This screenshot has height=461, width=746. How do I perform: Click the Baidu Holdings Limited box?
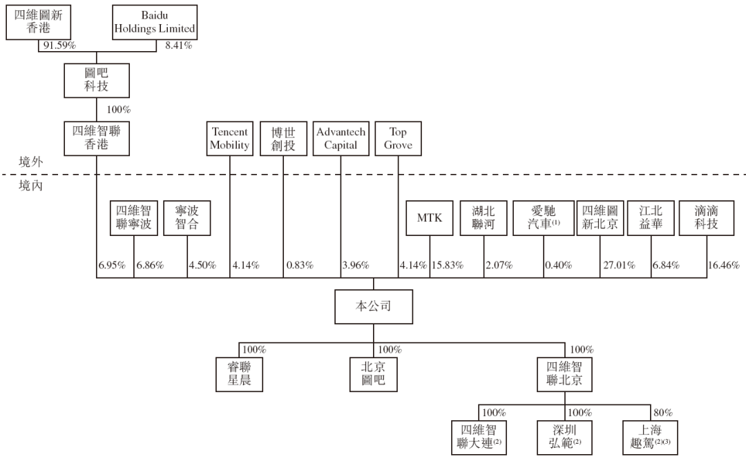click(x=155, y=22)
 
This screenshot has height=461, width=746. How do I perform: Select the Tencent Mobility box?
click(x=230, y=138)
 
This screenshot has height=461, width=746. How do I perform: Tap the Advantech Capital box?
click(x=341, y=138)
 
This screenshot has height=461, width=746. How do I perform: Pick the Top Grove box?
click(x=399, y=138)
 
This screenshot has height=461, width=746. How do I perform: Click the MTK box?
click(x=430, y=218)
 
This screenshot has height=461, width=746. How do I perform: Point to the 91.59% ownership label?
click(x=59, y=46)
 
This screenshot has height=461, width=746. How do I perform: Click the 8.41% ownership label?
click(x=179, y=46)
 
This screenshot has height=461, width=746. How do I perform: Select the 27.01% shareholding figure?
click(x=620, y=265)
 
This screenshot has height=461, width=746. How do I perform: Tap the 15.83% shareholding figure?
click(x=447, y=265)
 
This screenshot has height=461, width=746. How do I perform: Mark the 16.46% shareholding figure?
click(x=724, y=265)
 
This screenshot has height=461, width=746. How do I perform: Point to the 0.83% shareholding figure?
click(x=300, y=265)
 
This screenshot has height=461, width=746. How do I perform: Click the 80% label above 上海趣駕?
click(x=663, y=413)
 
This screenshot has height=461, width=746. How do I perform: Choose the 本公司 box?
click(x=374, y=306)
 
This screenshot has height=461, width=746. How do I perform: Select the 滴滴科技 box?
click(x=707, y=218)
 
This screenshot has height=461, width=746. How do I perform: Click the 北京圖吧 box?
click(x=374, y=375)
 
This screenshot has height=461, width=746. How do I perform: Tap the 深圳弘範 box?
click(x=564, y=438)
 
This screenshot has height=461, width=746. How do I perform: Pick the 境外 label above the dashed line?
click(x=31, y=162)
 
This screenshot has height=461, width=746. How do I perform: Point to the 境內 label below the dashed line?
click(x=31, y=186)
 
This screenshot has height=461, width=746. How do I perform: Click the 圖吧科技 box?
click(x=97, y=80)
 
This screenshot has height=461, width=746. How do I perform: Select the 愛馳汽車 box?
click(x=544, y=218)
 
